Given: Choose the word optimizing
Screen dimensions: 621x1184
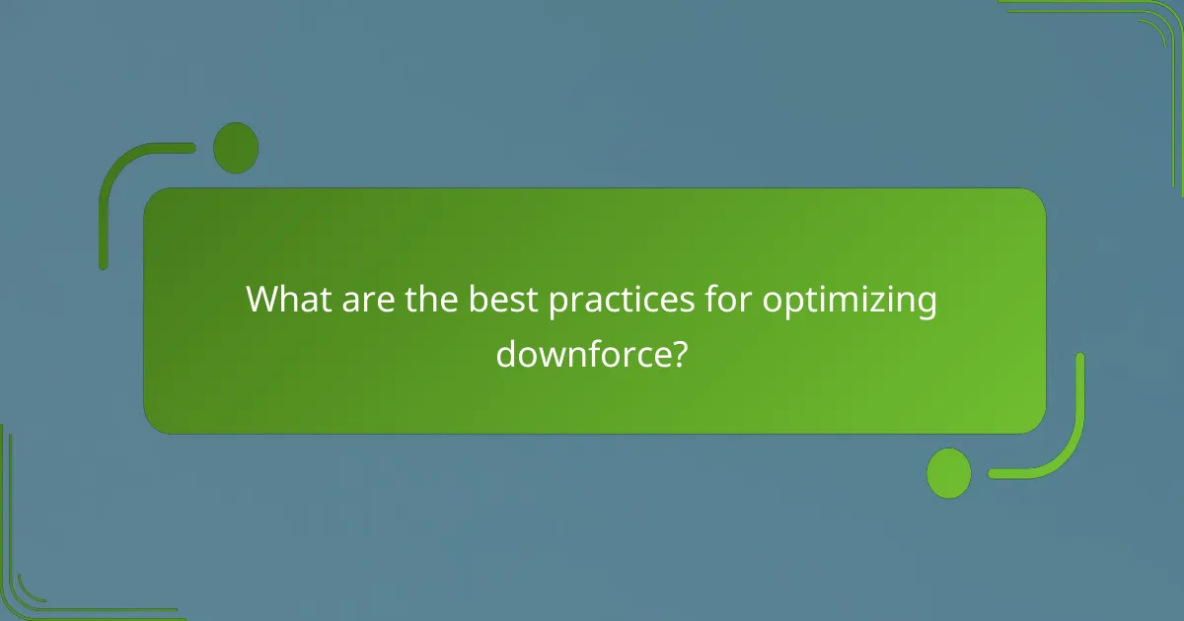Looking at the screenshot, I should coord(849,301).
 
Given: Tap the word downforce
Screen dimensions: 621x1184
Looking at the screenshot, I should coord(578,352).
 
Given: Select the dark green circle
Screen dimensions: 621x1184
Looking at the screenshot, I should coord(236,148).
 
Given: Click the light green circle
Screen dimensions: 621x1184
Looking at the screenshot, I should coord(948,473).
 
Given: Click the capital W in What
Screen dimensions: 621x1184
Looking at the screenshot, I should coord(263,299).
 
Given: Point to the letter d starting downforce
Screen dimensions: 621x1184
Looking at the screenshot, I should coord(505,352).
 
